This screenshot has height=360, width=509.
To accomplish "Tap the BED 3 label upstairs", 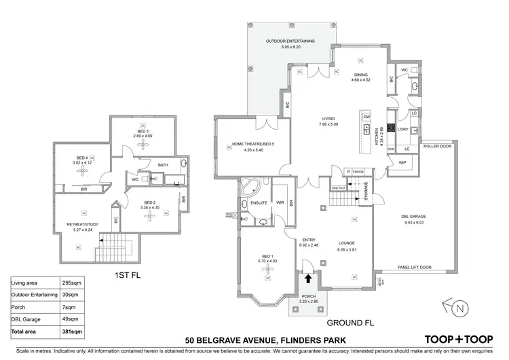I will (x=143, y=131).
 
